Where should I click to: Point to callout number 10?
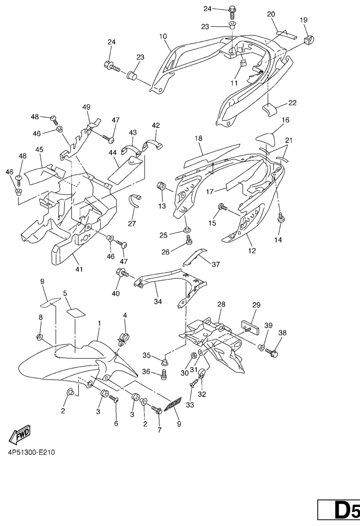coord(162,36)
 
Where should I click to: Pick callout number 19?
coord(304,20)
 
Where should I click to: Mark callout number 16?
coord(285,120)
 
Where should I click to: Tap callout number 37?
coord(215,264)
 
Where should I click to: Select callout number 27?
coord(132,223)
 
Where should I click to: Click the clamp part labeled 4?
coord(124,337)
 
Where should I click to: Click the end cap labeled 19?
coord(309,39)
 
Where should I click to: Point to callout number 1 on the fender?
coord(99,323)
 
